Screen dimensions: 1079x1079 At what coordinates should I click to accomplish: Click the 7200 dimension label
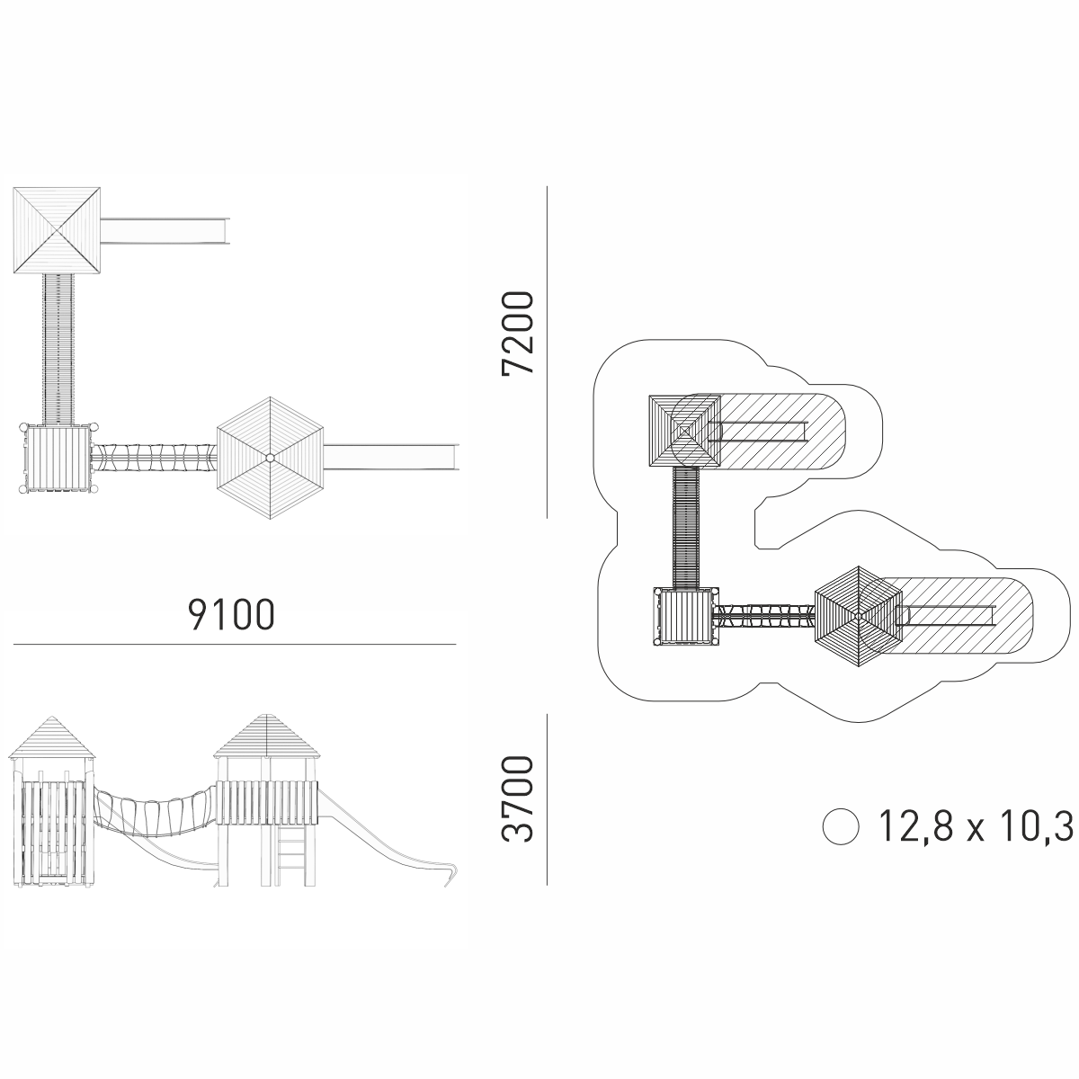click(518, 333)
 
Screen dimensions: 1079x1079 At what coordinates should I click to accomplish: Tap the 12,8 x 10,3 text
click(976, 826)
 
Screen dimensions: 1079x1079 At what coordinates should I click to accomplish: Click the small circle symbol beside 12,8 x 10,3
click(840, 826)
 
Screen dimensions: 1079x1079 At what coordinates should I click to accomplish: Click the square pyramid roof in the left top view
click(57, 230)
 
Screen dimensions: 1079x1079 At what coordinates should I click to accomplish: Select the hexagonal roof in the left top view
click(270, 458)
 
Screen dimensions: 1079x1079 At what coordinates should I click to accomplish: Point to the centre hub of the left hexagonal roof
click(270, 458)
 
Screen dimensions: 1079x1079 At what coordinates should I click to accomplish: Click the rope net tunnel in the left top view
click(154, 458)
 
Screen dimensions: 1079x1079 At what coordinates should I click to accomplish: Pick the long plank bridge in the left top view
click(58, 348)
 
